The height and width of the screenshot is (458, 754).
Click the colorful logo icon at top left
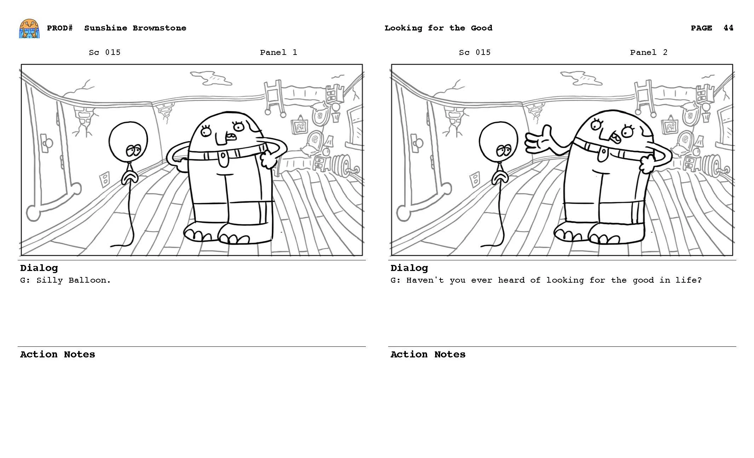[29, 28]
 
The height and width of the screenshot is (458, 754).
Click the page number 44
[728, 28]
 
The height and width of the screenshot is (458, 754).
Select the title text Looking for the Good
[438, 28]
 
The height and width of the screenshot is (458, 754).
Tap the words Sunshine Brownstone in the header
[135, 28]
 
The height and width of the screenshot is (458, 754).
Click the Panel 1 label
[278, 52]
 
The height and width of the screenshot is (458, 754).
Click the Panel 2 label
[648, 52]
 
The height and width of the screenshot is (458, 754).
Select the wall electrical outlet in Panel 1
[105, 179]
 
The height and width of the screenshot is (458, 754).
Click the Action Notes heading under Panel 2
[427, 355]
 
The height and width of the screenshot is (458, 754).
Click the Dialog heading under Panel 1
[39, 268]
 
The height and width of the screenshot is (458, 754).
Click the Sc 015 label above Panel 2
[474, 52]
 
